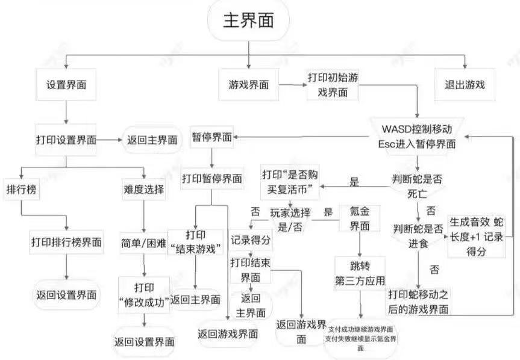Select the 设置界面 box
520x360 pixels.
coord(66,85)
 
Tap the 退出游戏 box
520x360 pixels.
coord(465,85)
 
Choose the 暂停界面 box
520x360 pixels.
coord(211,137)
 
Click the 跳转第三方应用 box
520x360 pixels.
coord(360,272)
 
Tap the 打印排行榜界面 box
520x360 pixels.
coord(66,242)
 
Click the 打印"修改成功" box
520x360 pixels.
coord(143,294)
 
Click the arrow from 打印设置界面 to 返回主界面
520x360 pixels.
coord(109,140)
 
